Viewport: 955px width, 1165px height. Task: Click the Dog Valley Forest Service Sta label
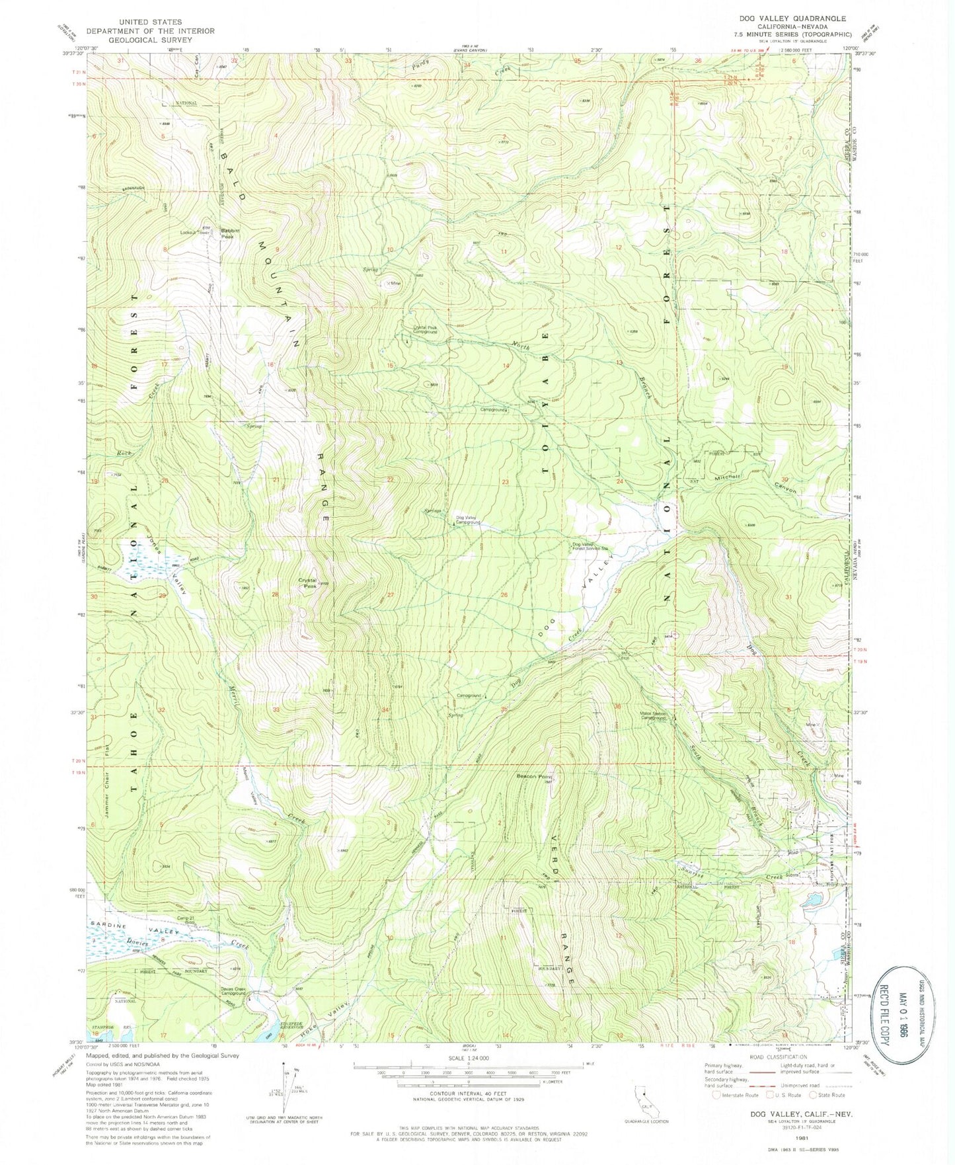point(590,547)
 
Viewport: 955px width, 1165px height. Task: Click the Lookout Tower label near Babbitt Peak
point(196,232)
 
